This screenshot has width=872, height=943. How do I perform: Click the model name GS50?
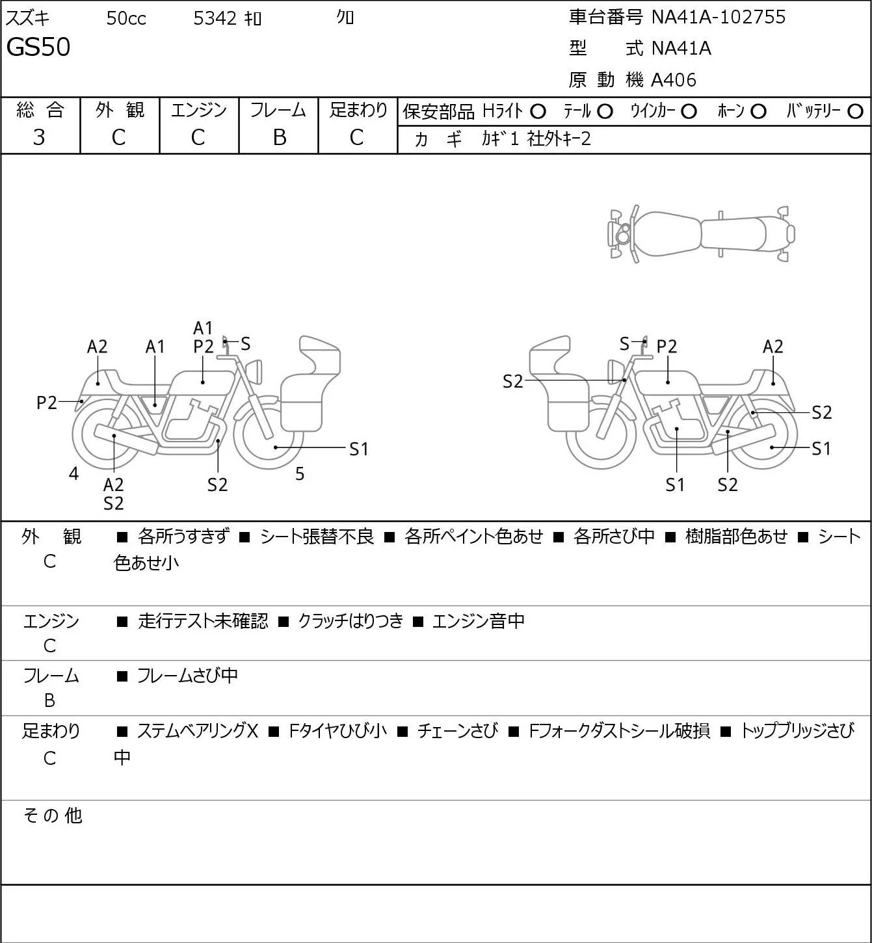pos(38,47)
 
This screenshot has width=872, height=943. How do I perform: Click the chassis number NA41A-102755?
pos(718,17)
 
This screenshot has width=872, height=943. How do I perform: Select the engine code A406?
pos(674,80)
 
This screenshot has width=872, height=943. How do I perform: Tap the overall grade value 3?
pos(39,137)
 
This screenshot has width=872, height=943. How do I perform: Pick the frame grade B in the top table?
pos(279,137)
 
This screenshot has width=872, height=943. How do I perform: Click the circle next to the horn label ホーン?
pos(758,112)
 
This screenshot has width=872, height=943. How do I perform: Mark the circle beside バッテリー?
pos(855,112)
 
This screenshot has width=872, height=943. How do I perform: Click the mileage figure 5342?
pos(215,18)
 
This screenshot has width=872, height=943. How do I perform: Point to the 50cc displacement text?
pos(126,18)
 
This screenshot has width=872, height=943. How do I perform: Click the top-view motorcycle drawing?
pos(702,233)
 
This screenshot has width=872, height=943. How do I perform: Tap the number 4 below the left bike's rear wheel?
pos(73,473)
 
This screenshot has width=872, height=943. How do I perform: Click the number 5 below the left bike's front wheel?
pos(300,473)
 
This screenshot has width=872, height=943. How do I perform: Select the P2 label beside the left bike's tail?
pos(47,403)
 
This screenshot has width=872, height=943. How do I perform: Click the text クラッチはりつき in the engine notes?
pos(350,620)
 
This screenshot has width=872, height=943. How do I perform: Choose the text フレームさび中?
pos(187,675)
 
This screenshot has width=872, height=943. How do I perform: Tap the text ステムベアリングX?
pos(198,731)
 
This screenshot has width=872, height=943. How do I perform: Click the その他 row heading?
pos(53,816)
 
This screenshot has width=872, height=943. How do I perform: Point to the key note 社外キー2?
pos(559,139)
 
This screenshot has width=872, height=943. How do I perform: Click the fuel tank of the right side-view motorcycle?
pos(667,382)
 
